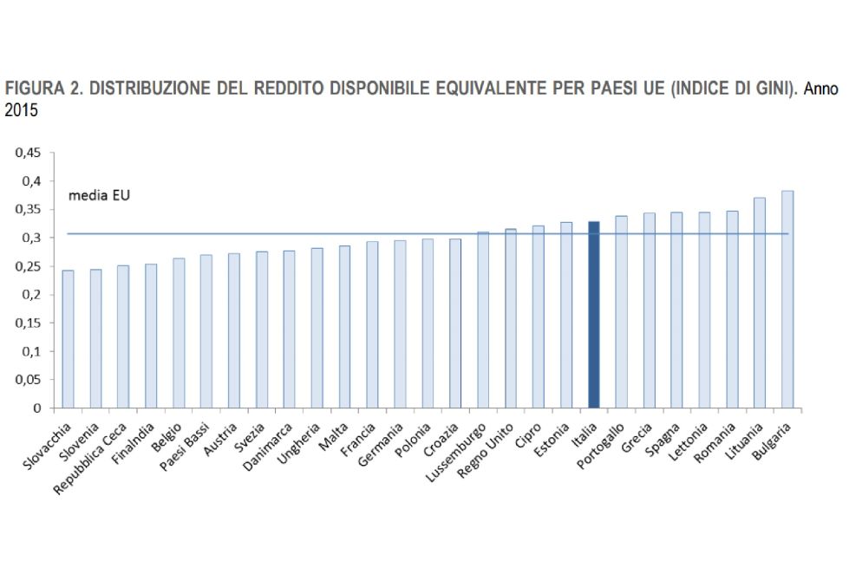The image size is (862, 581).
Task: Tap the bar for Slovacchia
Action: click(x=68, y=339)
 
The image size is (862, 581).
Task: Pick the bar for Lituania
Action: click(x=760, y=303)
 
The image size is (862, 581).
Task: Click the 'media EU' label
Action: click(x=100, y=196)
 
